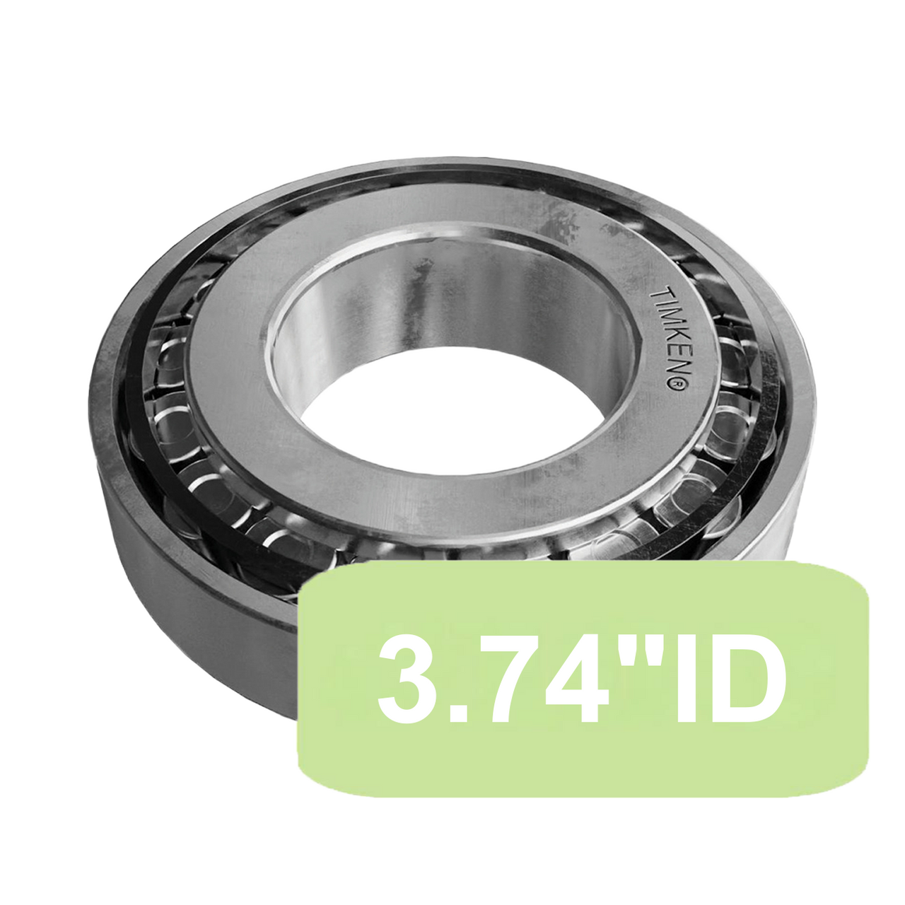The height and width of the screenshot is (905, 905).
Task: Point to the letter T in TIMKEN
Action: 656,293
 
